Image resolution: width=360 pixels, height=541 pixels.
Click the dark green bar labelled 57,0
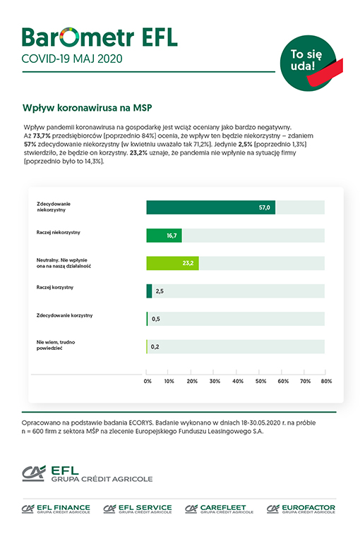(210, 207)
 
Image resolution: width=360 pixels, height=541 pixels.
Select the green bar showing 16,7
(164, 236)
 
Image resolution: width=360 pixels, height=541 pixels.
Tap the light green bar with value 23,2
(172, 263)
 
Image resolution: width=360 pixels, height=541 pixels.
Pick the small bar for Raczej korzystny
(149, 291)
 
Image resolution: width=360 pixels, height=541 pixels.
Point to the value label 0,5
(156, 319)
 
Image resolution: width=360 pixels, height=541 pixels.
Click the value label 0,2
(155, 347)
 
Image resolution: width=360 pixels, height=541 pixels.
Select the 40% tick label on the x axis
(237, 382)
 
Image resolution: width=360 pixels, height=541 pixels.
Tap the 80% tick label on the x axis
(326, 382)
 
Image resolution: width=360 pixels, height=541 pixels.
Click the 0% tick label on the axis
(148, 382)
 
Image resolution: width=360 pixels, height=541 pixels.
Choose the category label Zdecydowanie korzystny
(64, 315)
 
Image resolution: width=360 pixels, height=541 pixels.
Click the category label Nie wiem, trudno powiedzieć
(56, 345)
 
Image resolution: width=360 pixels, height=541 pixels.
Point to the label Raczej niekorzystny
(59, 232)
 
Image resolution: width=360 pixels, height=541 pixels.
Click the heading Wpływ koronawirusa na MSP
(87, 108)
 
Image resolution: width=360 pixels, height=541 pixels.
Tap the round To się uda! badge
(308, 63)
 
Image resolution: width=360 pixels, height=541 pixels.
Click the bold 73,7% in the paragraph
(42, 135)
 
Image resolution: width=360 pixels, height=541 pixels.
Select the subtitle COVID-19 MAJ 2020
(72, 59)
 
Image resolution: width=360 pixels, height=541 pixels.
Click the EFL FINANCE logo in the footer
(56, 509)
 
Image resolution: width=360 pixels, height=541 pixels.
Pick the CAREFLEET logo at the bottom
(219, 509)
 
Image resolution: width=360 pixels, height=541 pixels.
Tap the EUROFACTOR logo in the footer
(301, 509)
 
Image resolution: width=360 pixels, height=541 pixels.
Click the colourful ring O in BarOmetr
(70, 37)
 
